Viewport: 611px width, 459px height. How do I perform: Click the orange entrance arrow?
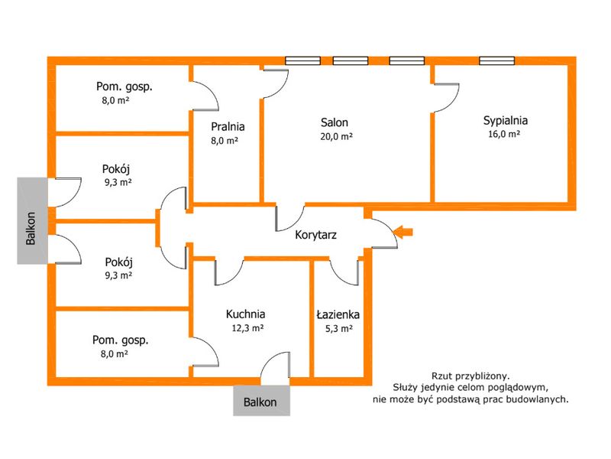coord(403,233)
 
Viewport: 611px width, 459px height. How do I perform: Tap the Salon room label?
coord(335,122)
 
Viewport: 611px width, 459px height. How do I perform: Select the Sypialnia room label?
coord(506,121)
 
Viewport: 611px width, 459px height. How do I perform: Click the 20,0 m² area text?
coord(337,137)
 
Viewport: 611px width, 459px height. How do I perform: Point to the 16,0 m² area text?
coord(504,135)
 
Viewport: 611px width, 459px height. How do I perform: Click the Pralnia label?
coord(228,126)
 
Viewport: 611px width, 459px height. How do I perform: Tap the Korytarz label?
coord(315,235)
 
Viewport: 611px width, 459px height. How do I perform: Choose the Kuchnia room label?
coord(245,314)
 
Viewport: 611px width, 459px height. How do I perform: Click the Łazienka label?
coord(338,314)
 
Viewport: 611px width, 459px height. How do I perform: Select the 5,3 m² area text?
coord(339,329)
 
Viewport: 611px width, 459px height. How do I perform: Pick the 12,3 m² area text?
coord(247,328)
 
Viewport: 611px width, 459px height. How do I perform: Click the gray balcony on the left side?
coord(32,221)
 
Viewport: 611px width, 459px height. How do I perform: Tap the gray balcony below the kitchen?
coord(261,401)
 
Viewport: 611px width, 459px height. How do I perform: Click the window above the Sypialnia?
coord(497,60)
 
